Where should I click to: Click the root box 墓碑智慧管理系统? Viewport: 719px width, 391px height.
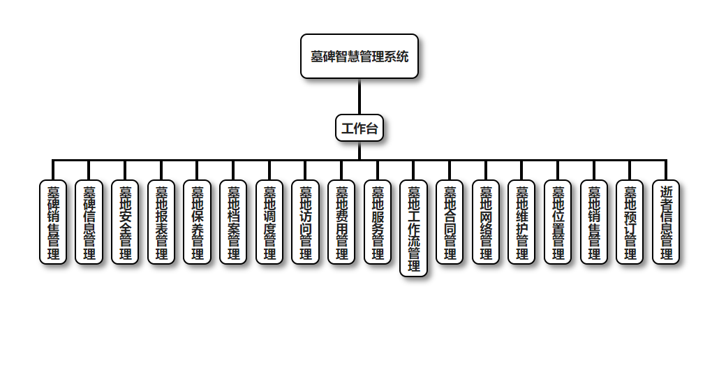click(359, 57)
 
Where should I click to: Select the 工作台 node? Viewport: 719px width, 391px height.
click(359, 128)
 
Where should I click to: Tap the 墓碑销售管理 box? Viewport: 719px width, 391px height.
click(53, 222)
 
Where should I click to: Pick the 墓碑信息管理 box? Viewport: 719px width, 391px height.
click(89, 222)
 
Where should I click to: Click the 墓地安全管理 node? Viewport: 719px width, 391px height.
click(125, 222)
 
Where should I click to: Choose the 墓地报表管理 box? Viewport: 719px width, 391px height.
click(161, 222)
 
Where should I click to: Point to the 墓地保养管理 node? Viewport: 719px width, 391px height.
click(198, 222)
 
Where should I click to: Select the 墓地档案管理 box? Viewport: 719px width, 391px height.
click(233, 222)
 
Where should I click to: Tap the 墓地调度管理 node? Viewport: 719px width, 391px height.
click(269, 222)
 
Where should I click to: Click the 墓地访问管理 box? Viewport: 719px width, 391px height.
click(305, 222)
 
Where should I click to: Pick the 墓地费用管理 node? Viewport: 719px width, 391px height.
click(341, 222)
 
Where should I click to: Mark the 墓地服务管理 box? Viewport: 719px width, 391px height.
click(378, 222)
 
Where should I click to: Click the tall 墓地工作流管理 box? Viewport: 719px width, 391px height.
click(413, 228)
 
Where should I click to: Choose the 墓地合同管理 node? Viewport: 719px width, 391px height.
click(450, 222)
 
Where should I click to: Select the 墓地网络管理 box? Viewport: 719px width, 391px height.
click(486, 222)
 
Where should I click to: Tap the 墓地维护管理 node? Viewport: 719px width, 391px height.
click(521, 222)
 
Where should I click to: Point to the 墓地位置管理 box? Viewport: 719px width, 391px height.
click(558, 222)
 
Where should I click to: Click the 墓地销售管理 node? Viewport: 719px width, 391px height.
click(594, 222)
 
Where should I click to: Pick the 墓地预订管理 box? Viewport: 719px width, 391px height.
click(630, 222)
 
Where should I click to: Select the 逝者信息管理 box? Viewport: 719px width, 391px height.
click(666, 222)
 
